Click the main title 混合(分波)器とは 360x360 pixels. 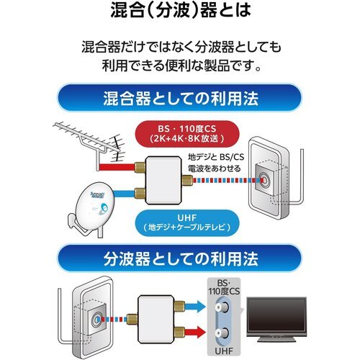point(181,10)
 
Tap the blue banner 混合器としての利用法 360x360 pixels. point(179,98)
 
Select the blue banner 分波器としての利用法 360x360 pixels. point(179,258)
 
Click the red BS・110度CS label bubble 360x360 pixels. point(187,133)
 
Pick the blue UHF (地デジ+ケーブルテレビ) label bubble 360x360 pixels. point(187,222)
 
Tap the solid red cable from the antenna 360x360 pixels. point(117,167)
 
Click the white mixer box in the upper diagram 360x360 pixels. point(164,180)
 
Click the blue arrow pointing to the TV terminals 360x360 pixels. point(195,306)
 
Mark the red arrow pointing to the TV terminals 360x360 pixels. point(195,332)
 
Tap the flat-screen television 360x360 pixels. point(276,319)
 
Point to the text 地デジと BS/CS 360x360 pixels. point(216,157)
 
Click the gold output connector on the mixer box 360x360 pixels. point(187,180)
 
